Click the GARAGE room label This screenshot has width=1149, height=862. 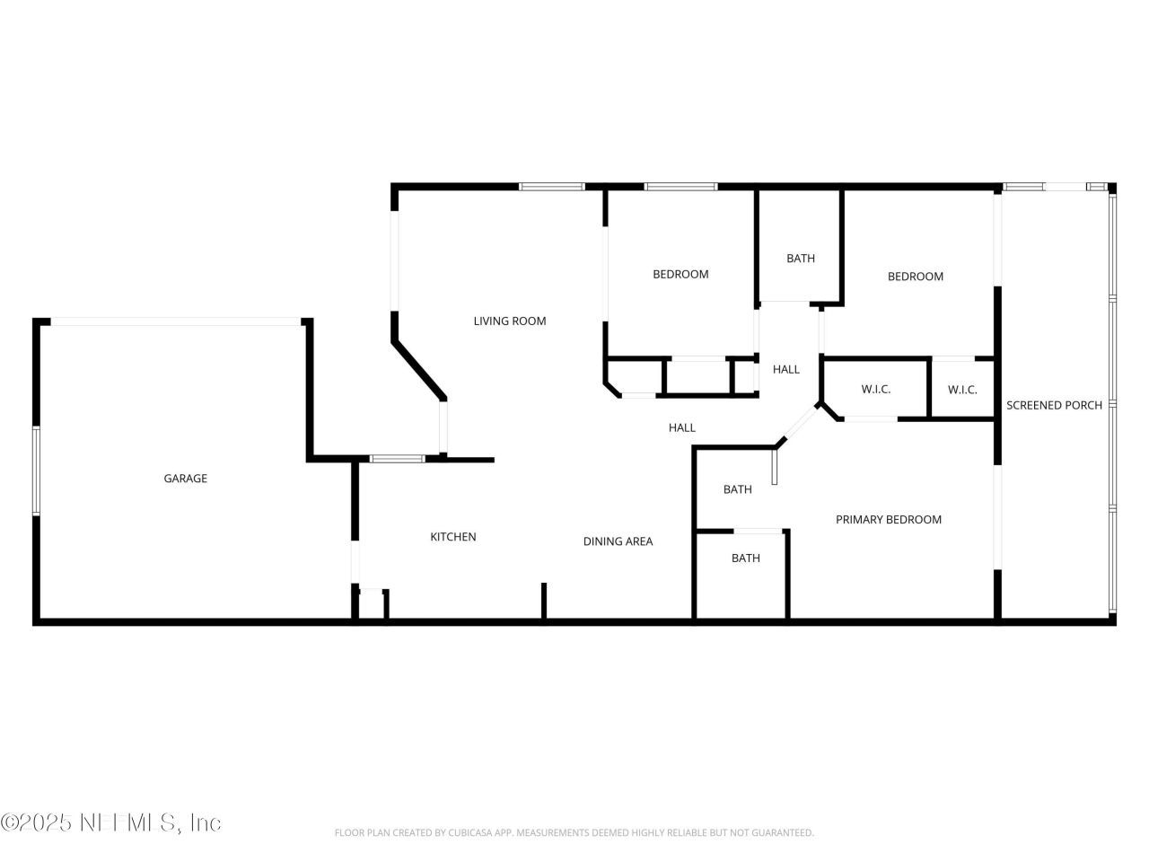185,479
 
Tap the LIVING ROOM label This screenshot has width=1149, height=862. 509,321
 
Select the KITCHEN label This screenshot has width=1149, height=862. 453,537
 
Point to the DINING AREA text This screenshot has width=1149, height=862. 618,541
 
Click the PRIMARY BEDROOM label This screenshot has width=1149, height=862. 888,520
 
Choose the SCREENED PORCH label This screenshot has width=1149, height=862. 1054,406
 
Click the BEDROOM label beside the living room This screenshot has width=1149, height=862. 680,275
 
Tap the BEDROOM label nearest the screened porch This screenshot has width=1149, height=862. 915,277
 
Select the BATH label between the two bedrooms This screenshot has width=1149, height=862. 801,259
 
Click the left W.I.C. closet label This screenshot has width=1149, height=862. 875,390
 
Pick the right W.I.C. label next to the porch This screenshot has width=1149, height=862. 962,390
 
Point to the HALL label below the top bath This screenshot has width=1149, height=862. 785,369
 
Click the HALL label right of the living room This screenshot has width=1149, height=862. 681,428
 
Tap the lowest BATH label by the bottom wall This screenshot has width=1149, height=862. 745,559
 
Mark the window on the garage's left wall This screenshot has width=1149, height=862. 36,471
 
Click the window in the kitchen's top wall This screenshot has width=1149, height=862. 397,459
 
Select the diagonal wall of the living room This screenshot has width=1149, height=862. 419,369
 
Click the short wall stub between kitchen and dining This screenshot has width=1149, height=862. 543,601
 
